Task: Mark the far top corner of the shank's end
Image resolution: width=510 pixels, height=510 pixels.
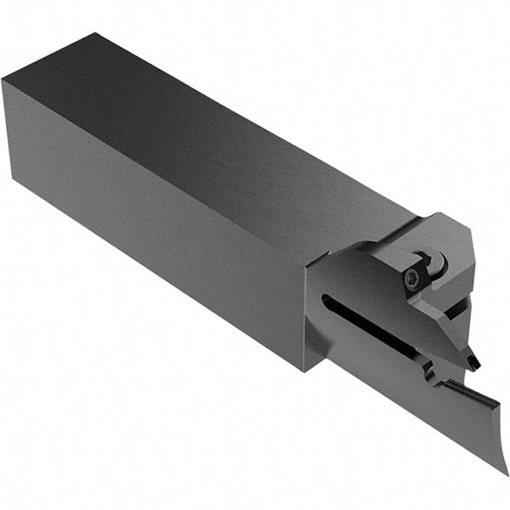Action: pyautogui.click(x=98, y=35)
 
